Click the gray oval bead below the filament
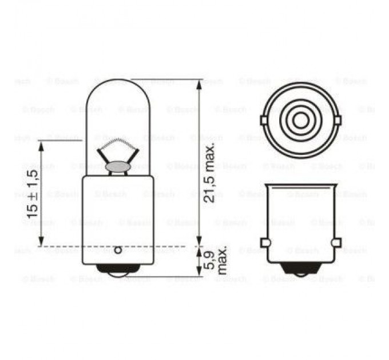click(118, 166)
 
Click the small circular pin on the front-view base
click(118, 250)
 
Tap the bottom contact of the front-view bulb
click(118, 271)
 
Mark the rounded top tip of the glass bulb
click(118, 81)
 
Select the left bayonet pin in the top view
click(263, 120)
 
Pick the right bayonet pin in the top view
click(338, 120)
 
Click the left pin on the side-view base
click(264, 243)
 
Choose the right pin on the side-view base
click(336, 243)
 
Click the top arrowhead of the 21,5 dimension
click(199, 84)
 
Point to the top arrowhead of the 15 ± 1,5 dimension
click(41, 145)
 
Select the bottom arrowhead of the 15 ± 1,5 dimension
click(41, 241)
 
